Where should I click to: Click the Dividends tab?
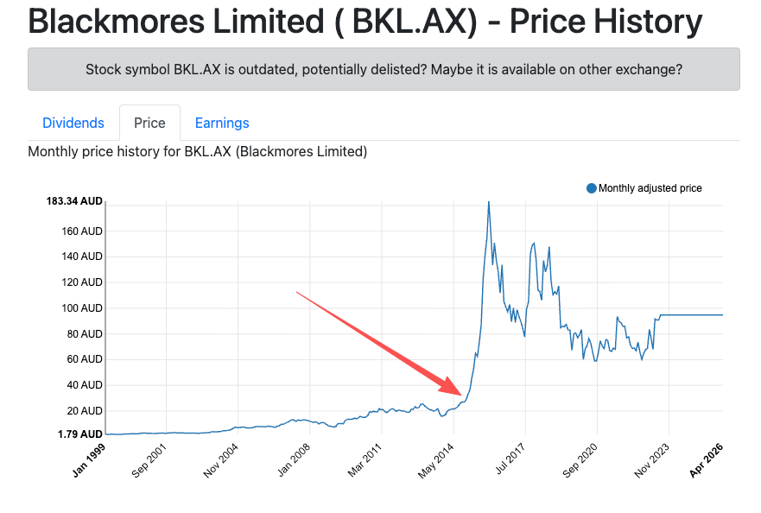73,123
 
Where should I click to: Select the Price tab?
149,123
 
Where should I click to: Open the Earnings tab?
222,123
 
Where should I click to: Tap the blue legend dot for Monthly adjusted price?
592,188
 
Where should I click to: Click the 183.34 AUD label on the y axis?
74,201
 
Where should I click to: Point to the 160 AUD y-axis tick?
81,231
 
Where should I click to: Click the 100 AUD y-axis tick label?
81,307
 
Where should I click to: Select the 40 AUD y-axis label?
84,385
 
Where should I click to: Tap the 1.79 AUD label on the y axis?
80,434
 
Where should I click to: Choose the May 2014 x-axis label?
438,459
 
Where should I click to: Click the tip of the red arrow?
460,392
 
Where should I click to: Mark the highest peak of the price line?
488,202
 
